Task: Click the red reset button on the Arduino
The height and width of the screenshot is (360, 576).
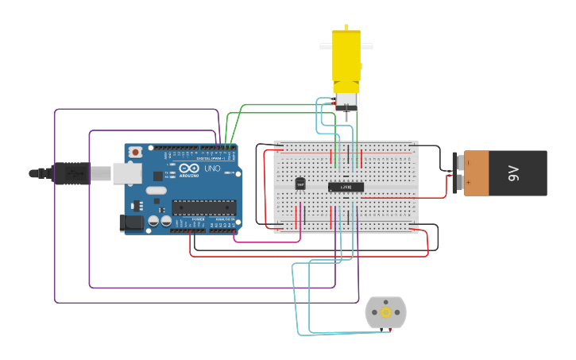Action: tap(136, 151)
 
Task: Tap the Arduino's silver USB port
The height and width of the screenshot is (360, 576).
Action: tap(124, 172)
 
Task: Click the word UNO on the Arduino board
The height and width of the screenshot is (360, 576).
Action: tap(212, 168)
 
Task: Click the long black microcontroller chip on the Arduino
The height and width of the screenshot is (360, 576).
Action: tap(203, 207)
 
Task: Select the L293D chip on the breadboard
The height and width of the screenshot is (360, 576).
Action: tap(346, 187)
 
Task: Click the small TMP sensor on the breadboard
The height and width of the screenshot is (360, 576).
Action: tap(300, 184)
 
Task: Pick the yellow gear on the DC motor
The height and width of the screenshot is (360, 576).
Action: tap(386, 312)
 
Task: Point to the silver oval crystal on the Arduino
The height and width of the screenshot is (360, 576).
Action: tap(157, 190)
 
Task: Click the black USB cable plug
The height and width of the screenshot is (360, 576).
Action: tap(71, 172)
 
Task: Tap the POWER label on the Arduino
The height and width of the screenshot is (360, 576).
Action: tap(199, 219)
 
